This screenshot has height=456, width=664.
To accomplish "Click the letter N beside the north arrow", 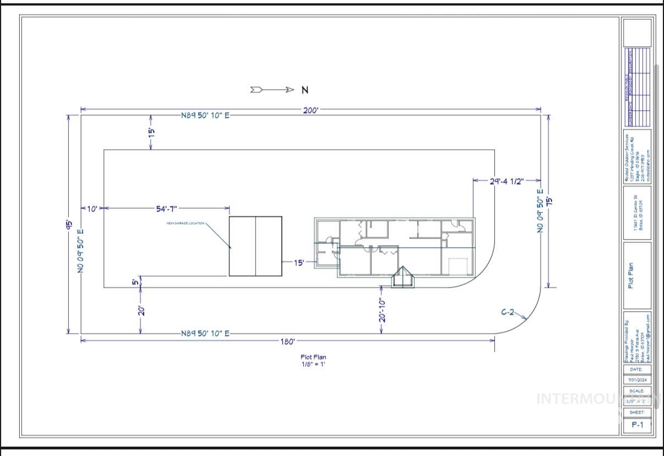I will pyautogui.click(x=304, y=90).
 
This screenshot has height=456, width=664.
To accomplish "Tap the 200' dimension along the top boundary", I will pyautogui.click(x=310, y=110).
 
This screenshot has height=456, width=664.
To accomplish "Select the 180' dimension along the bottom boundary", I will pyautogui.click(x=287, y=341).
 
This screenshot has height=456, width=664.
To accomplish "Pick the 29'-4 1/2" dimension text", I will pyautogui.click(x=507, y=181).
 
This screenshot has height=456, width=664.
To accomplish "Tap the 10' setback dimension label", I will pyautogui.click(x=92, y=208).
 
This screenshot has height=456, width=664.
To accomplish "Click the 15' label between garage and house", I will pyautogui.click(x=298, y=263).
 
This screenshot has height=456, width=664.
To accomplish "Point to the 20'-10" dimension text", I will pyautogui.click(x=381, y=310).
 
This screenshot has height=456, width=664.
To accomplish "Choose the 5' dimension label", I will pyautogui.click(x=135, y=283).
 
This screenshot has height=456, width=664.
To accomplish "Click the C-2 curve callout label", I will pyautogui.click(x=507, y=312).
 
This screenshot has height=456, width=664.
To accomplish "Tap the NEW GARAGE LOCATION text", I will pyautogui.click(x=186, y=223).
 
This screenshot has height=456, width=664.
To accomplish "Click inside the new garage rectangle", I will pyautogui.click(x=255, y=246).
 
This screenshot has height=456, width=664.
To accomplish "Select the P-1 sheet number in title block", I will pyautogui.click(x=637, y=425).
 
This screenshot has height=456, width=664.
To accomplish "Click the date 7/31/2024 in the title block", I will pyautogui.click(x=637, y=380).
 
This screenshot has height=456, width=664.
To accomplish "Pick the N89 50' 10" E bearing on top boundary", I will pyautogui.click(x=205, y=116).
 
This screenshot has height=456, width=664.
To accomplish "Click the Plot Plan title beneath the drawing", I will pyautogui.click(x=313, y=357).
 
